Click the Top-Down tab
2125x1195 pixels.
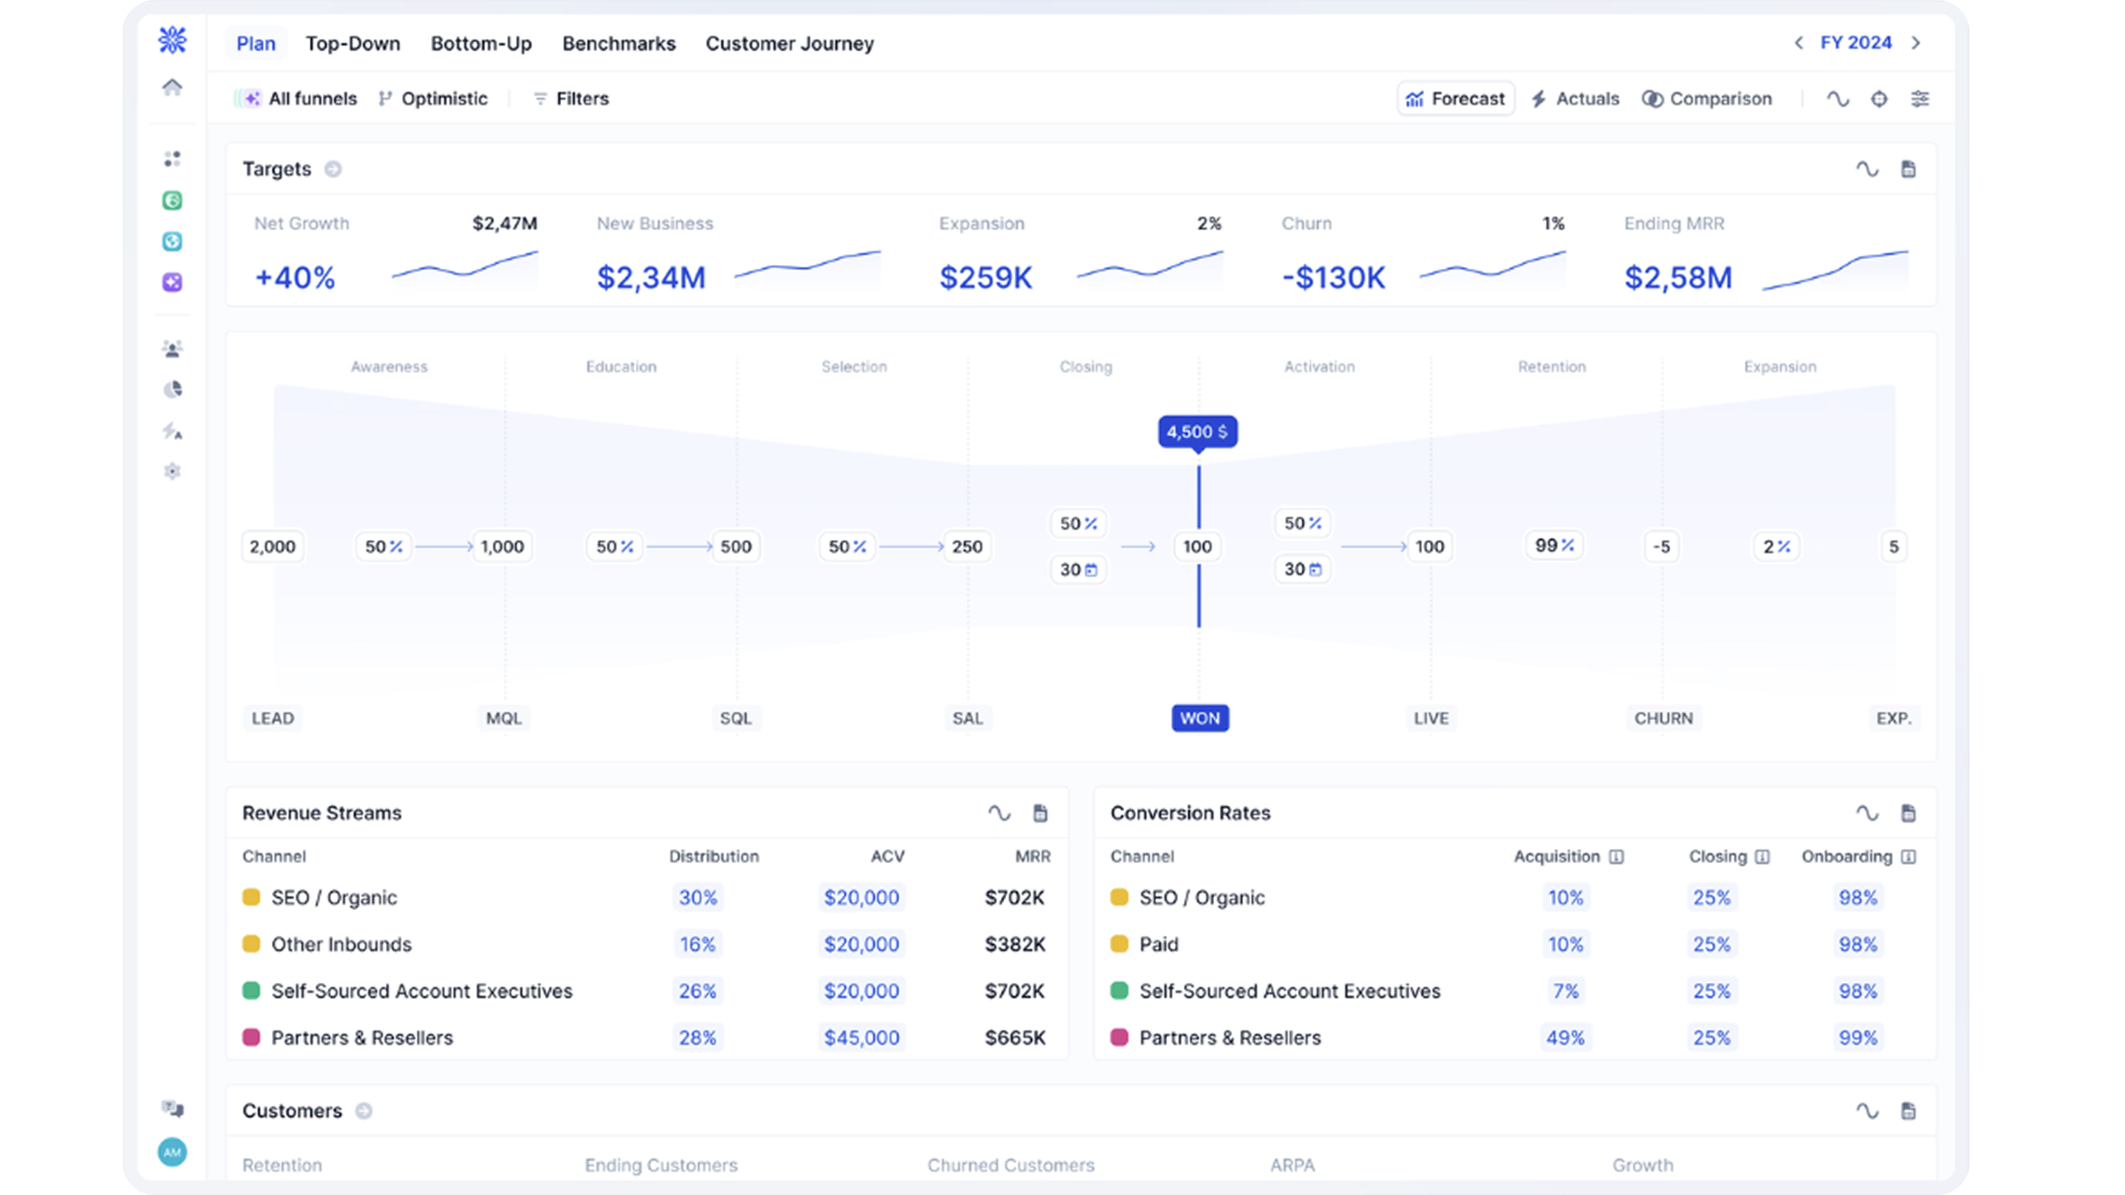tap(353, 44)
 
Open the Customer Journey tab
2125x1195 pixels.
tap(789, 44)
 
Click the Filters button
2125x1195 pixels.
tap(571, 99)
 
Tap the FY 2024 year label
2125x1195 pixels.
tap(1855, 43)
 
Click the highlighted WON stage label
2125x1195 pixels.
tap(1200, 718)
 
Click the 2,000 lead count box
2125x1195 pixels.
tap(272, 547)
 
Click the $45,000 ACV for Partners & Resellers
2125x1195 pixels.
tap(861, 1037)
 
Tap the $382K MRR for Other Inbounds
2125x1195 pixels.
tap(1014, 944)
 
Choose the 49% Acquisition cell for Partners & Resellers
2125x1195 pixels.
tap(1565, 1037)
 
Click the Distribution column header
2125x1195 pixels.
tap(714, 857)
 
